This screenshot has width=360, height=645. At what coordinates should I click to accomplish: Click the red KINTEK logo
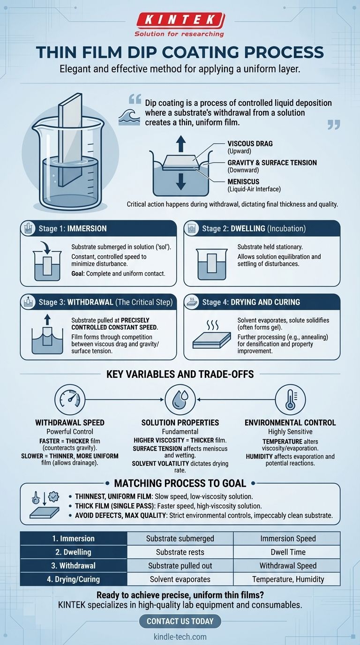[180, 21]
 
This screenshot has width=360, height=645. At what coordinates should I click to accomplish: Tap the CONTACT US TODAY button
[180, 621]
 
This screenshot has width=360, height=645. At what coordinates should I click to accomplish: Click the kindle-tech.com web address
[180, 637]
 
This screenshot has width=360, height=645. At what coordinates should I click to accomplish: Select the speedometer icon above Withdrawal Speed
[70, 399]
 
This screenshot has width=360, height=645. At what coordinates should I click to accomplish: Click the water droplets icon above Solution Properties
[180, 399]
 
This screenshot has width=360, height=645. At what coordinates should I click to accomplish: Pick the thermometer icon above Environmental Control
[290, 399]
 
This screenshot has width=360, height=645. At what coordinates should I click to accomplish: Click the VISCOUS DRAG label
[250, 144]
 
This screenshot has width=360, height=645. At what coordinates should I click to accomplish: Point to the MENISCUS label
[243, 182]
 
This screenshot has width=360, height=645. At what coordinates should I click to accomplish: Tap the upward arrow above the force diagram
[180, 144]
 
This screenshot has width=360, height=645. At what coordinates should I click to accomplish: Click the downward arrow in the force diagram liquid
[180, 181]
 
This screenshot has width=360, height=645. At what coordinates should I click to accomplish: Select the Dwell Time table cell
[288, 552]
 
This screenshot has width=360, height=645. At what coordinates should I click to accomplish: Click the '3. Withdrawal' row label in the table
[74, 565]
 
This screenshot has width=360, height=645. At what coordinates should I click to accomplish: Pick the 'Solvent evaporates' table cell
[180, 579]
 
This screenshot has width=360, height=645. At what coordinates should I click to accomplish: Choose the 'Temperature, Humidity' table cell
[288, 579]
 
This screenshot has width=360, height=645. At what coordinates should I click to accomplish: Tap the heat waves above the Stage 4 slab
[212, 325]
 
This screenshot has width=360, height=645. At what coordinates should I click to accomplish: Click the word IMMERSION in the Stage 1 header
[87, 229]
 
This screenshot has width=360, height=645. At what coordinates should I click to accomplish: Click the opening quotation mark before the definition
[135, 99]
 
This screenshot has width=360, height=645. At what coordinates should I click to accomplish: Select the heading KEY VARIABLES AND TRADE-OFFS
[180, 374]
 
